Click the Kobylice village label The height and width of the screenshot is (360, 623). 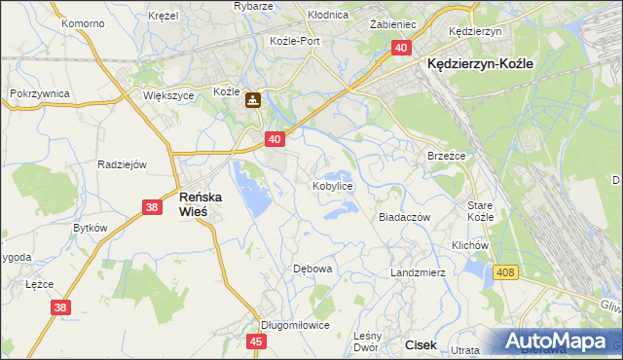332,185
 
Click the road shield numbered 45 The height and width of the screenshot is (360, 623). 256,342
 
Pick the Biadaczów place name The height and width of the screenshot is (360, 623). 404,218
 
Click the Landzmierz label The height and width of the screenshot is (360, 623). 418,272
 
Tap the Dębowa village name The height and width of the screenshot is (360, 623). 313,269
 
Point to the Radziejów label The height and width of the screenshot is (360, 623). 122,164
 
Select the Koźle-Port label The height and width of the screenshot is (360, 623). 295,41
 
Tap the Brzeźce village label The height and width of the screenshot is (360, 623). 448,156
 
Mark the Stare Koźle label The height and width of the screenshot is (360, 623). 481,211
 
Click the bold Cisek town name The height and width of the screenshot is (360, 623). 421,344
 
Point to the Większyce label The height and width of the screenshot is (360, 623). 169,96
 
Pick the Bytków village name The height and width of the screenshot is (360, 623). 91,227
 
